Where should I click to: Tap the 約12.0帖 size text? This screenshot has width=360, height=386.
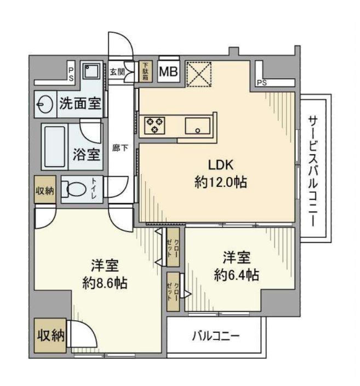click(220, 183)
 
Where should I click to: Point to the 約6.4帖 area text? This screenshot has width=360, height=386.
click(236, 274)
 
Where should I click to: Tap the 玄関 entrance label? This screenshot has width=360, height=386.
click(116, 71)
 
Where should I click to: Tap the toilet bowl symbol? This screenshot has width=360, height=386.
click(74, 190)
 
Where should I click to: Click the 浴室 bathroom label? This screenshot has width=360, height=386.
click(87, 154)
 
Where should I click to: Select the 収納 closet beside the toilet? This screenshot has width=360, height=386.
click(45, 190)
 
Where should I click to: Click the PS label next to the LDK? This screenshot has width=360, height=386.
click(262, 83)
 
